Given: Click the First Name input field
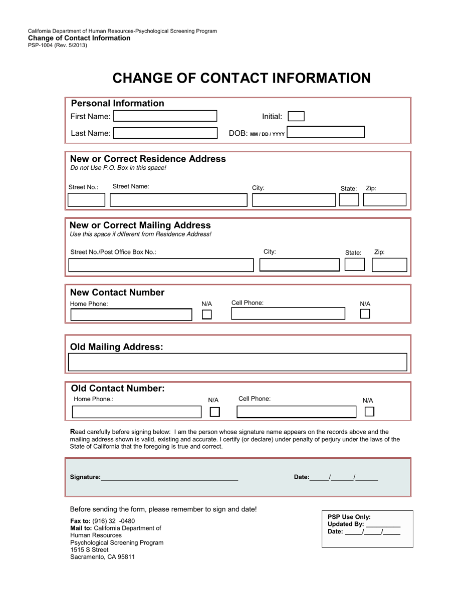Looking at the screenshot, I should coord(165,116).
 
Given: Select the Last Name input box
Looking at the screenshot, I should coord(165,133).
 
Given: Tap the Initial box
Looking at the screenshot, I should coord(296,116).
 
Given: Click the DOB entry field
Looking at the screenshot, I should coord(326,133).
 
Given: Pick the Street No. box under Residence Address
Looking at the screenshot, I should coord(86,200).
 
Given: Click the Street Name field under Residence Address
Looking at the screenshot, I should coord(178,200).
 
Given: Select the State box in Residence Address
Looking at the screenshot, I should coord(349,199).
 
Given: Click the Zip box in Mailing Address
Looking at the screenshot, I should coord(389,265).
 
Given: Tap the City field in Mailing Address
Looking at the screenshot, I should coord(299,265).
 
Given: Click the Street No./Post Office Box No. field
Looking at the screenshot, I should coord(160,265).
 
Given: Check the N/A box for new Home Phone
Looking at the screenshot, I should coord(206,315).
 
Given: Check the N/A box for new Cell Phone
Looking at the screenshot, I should coord(365,314).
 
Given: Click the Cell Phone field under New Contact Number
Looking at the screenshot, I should coord(288,314).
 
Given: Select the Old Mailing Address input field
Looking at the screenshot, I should coord(237,362).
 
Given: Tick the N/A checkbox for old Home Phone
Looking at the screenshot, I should coord(214,412).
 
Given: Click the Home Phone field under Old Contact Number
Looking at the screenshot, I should coord(137,412).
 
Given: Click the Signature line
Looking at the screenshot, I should coord(169,477).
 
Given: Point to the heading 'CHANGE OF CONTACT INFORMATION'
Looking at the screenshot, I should coord(242,78).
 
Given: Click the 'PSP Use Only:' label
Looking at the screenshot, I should coord(349,517).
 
